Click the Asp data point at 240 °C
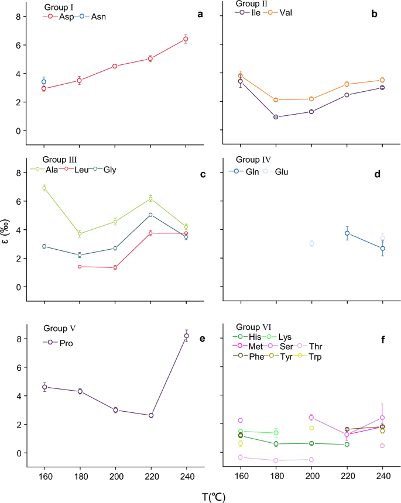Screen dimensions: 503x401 pos(186,39)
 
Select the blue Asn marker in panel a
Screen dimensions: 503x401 pos(44,82)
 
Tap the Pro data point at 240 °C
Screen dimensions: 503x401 pos(187,336)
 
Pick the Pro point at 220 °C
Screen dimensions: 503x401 pos(151,415)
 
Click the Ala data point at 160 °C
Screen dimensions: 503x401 pos(44,188)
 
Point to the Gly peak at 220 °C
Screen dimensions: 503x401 pos(150,215)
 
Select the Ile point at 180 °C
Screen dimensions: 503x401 pos(276,117)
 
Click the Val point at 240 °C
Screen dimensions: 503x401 pos(382,80)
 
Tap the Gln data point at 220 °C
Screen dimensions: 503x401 pos(347,233)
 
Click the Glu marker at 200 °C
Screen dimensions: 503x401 pos(311,243)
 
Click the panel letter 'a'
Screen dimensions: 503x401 pos(200,13)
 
